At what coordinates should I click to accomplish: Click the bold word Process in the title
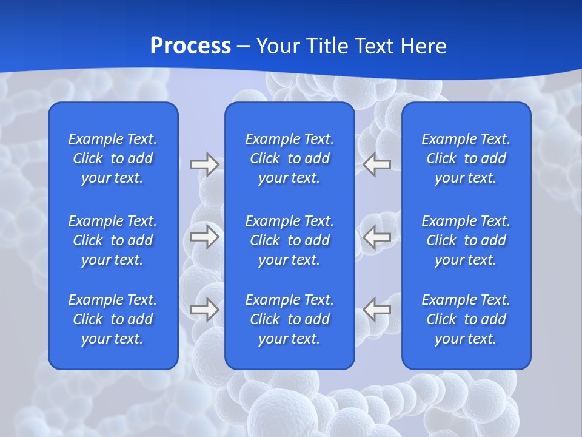click(190, 46)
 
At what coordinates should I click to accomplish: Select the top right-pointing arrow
click(205, 164)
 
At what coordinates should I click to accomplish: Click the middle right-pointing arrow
click(205, 237)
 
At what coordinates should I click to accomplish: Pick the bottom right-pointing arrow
click(205, 310)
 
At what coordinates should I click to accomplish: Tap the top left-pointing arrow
click(377, 164)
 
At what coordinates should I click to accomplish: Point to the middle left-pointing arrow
click(377, 237)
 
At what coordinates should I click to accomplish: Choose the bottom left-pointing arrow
click(377, 310)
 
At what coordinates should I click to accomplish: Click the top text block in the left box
click(113, 158)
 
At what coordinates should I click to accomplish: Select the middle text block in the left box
click(113, 240)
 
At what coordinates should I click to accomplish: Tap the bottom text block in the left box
click(113, 319)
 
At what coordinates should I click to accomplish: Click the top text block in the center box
click(290, 158)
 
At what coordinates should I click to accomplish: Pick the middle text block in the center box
click(290, 240)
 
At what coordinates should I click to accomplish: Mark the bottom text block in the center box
click(290, 319)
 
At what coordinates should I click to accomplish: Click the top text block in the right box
click(466, 158)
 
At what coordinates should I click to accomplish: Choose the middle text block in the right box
click(466, 240)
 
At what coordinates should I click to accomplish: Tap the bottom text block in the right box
click(466, 319)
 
